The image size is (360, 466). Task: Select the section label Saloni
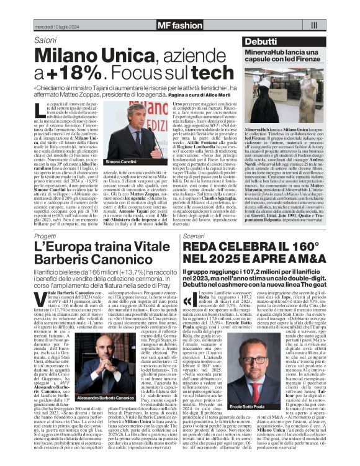coord(45,40)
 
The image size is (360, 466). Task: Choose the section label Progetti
coord(47,236)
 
